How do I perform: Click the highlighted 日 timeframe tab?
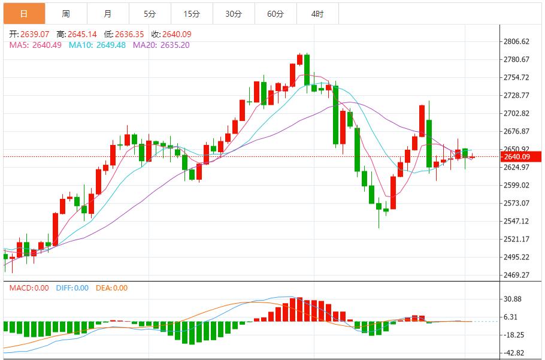tap(23, 13)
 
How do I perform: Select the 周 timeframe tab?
tap(65, 13)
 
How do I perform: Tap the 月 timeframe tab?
tap(107, 13)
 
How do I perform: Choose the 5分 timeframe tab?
tap(149, 13)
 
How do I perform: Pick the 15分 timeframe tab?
tap(192, 13)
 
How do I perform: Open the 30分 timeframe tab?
tap(234, 13)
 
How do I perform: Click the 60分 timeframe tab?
tap(275, 13)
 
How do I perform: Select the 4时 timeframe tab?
tap(317, 13)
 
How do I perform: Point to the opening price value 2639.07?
tap(35, 35)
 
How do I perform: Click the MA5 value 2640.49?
tap(46, 45)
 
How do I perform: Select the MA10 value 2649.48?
tap(110, 45)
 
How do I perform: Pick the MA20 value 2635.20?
tap(174, 45)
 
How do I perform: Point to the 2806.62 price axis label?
tap(517, 42)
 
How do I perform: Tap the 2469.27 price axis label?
tap(517, 276)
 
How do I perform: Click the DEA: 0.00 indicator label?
tap(112, 288)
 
